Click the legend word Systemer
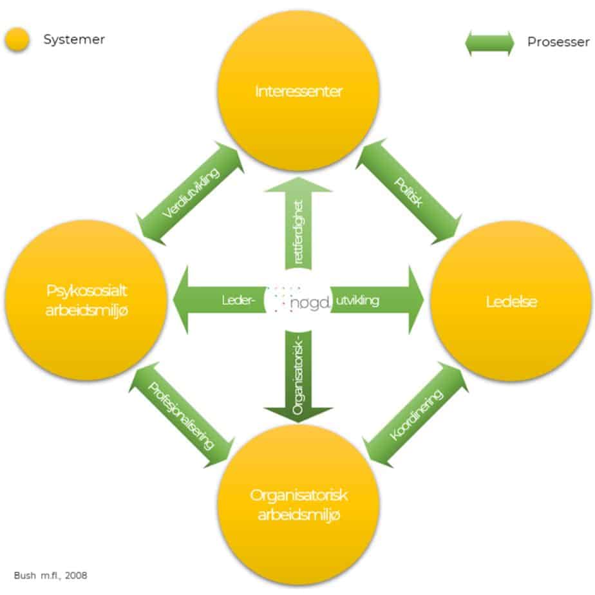[74, 40]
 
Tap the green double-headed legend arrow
[490, 42]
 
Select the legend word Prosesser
[558, 42]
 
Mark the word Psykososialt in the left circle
[90, 290]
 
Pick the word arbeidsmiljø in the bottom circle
[298, 515]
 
